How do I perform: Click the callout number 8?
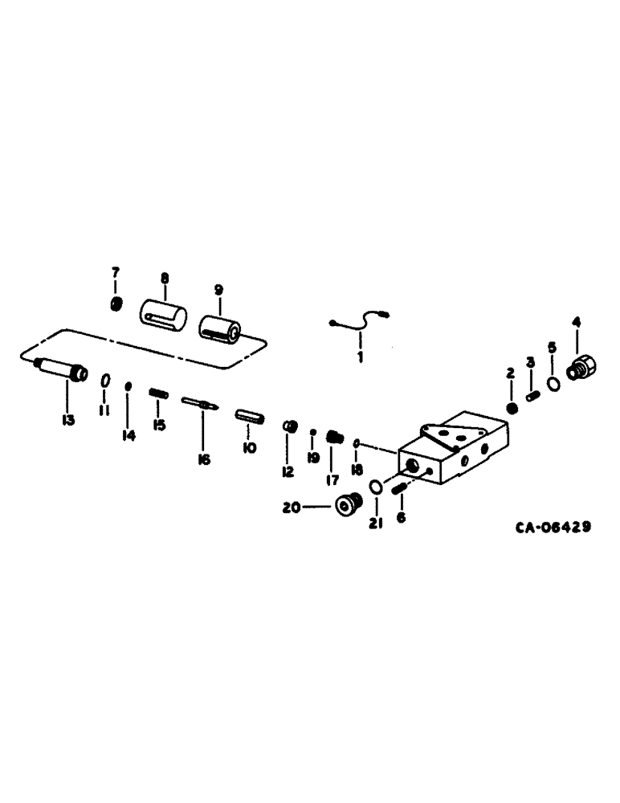pyautogui.click(x=164, y=278)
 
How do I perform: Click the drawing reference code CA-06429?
pyautogui.click(x=554, y=528)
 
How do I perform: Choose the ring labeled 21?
pyautogui.click(x=376, y=487)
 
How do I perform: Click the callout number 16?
pyautogui.click(x=203, y=459)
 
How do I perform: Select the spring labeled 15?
pyautogui.click(x=159, y=393)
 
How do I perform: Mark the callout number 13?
pyautogui.click(x=68, y=420)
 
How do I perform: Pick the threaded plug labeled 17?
pyautogui.click(x=334, y=438)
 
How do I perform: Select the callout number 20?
pyautogui.click(x=290, y=507)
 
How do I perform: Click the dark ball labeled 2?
pyautogui.click(x=511, y=408)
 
